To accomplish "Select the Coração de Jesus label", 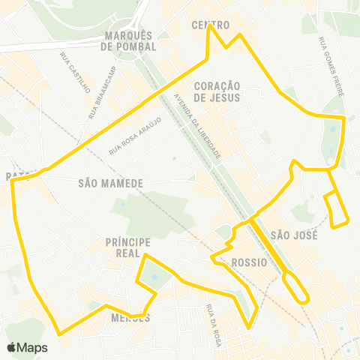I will click(x=216, y=91).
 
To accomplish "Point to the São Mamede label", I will click(x=109, y=182).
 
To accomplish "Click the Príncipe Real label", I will click(x=128, y=247).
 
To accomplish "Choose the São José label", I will click(x=295, y=235).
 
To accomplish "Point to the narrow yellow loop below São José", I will click(x=295, y=286).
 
